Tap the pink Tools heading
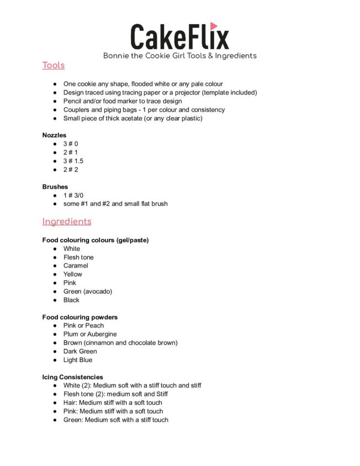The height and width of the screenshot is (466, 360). pyautogui.click(x=54, y=66)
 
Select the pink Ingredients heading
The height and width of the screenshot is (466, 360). pyautogui.click(x=67, y=221)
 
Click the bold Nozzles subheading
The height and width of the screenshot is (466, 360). pyautogui.click(x=54, y=135)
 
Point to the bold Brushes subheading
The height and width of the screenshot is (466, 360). pyautogui.click(x=55, y=187)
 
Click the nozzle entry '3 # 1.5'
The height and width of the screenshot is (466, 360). pyautogui.click(x=73, y=161)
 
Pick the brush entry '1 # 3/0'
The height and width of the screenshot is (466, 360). pyautogui.click(x=73, y=195)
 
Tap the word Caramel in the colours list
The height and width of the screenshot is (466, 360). pyautogui.click(x=76, y=266)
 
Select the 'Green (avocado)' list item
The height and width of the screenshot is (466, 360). pyautogui.click(x=87, y=291)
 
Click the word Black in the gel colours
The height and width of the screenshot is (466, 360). pyautogui.click(x=71, y=300)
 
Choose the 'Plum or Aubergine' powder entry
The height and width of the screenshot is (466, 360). pyautogui.click(x=90, y=334)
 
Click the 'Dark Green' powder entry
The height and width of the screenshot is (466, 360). pyautogui.click(x=80, y=351)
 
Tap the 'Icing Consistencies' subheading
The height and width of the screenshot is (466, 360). pyautogui.click(x=72, y=377)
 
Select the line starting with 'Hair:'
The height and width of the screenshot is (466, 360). pyautogui.click(x=113, y=403)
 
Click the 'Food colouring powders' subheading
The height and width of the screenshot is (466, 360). pyautogui.click(x=80, y=317)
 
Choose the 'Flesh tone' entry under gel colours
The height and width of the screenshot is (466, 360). pyautogui.click(x=78, y=257)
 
